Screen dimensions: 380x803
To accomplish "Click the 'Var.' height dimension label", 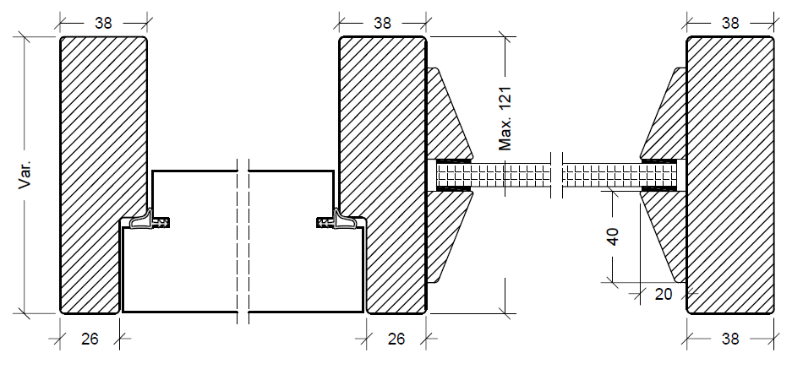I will point(26,174).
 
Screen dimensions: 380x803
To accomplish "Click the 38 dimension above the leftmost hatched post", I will point(103,24).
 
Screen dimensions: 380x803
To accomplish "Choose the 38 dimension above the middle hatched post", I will point(382,24).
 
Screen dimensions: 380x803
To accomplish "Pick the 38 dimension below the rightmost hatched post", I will point(731,339).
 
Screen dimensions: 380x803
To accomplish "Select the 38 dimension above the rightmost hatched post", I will point(731,24).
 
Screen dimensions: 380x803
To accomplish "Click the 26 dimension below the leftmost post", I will point(90,339).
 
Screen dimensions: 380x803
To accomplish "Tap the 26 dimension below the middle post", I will point(396,339).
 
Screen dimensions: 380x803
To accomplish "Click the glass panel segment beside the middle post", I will point(494,175).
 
